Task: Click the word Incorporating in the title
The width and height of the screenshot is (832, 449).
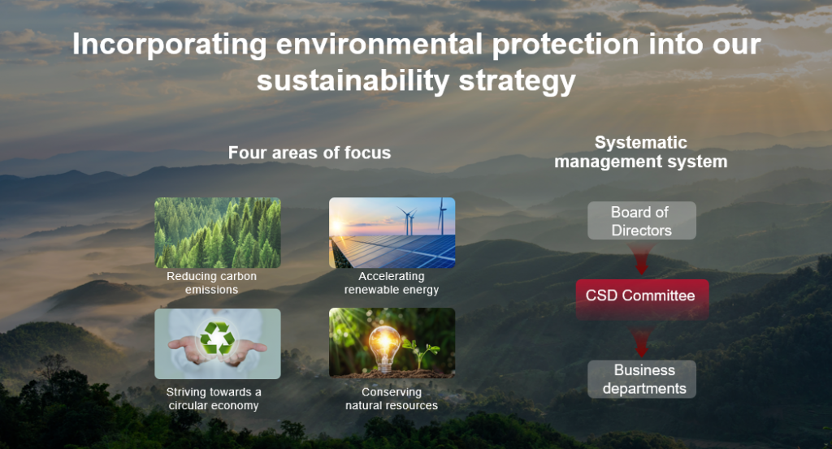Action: click(169, 45)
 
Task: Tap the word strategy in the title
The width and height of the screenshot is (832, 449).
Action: click(517, 81)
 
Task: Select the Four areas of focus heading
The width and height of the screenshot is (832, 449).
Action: click(310, 153)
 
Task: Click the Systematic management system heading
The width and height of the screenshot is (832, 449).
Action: click(641, 152)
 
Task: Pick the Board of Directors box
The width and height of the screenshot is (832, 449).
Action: click(642, 221)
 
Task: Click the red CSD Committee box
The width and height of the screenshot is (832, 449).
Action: click(642, 296)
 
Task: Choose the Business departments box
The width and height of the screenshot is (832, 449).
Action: click(642, 379)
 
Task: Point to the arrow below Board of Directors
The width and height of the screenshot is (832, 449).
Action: click(642, 259)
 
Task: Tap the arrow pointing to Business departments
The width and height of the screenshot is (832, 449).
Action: click(642, 342)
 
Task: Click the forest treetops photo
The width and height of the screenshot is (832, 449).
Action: click(218, 233)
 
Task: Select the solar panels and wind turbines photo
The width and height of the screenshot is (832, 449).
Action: click(392, 233)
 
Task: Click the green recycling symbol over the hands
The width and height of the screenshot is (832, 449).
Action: click(218, 339)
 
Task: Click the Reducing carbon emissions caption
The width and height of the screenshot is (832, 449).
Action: click(212, 283)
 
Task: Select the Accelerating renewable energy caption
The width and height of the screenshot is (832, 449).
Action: click(392, 283)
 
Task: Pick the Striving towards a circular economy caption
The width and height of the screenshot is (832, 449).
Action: click(214, 399)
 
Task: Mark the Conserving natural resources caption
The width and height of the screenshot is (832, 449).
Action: click(392, 399)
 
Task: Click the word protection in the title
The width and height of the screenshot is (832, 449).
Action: click(565, 45)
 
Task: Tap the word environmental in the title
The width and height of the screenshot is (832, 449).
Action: click(379, 44)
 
